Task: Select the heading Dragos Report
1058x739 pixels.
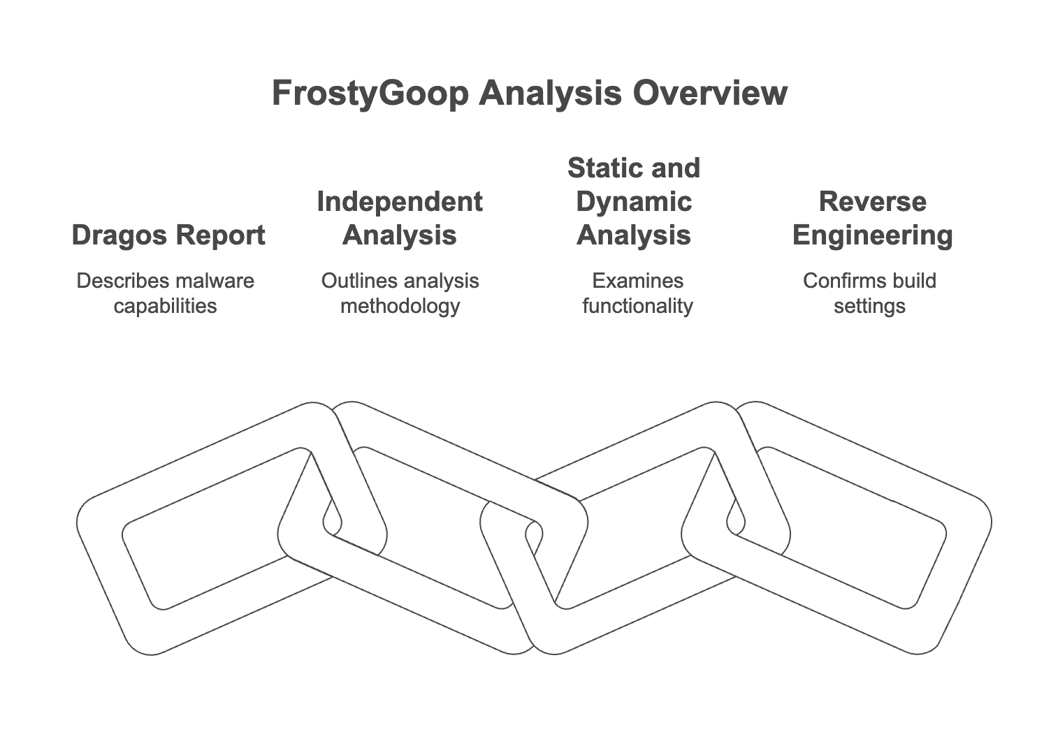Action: [168, 235]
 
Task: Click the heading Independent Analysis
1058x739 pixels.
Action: [400, 218]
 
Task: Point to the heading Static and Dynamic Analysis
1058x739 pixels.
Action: [634, 201]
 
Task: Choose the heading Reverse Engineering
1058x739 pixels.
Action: [872, 218]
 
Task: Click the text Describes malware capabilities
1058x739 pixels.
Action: [165, 293]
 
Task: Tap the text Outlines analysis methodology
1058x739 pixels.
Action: [400, 293]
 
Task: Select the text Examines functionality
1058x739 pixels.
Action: [637, 293]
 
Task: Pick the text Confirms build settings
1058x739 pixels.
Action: [869, 293]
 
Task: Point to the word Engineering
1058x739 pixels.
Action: [872, 235]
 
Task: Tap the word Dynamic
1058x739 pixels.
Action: [634, 201]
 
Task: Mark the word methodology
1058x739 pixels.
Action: [400, 306]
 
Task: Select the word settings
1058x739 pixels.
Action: [869, 306]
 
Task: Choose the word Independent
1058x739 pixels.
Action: [400, 201]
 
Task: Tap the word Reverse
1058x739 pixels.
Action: [872, 201]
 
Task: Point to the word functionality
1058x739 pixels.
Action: [637, 306]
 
